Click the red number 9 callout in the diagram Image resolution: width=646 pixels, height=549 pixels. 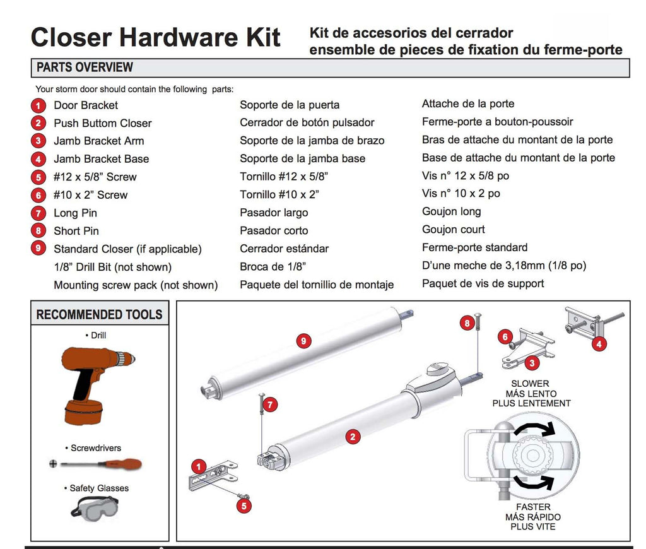click(x=303, y=341)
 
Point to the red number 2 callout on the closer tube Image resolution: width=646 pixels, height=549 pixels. click(x=352, y=436)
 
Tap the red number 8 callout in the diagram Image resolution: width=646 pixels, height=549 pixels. click(x=467, y=323)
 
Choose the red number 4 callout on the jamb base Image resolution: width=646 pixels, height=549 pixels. click(x=598, y=344)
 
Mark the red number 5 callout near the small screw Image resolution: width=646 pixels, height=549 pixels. click(x=244, y=504)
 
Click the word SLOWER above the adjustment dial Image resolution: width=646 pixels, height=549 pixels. click(x=530, y=384)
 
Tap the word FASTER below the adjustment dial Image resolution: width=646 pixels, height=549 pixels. click(x=532, y=507)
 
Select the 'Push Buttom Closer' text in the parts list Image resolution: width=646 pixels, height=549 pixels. click(x=102, y=123)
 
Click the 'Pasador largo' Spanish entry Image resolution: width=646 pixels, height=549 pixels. click(x=274, y=213)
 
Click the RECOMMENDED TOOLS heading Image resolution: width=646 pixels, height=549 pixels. click(x=99, y=314)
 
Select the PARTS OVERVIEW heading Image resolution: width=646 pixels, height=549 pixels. click(x=85, y=67)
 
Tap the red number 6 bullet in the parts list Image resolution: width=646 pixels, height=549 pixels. click(x=39, y=196)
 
